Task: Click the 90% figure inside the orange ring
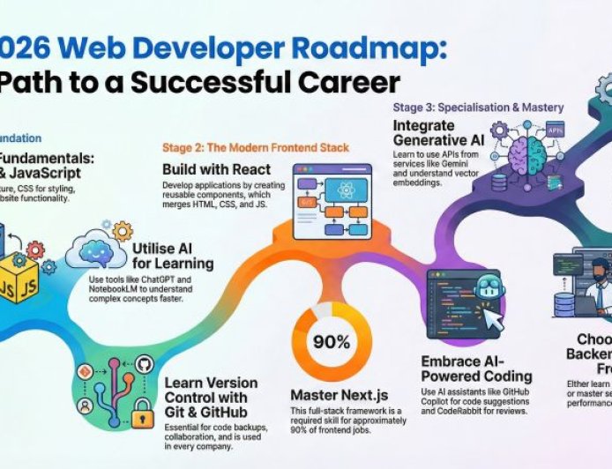[x=331, y=341]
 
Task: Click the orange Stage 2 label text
[x=255, y=147]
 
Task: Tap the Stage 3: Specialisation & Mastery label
[x=478, y=108]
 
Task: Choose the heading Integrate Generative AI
[x=437, y=133]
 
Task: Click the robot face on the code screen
[x=489, y=291]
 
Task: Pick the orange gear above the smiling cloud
[x=122, y=231]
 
